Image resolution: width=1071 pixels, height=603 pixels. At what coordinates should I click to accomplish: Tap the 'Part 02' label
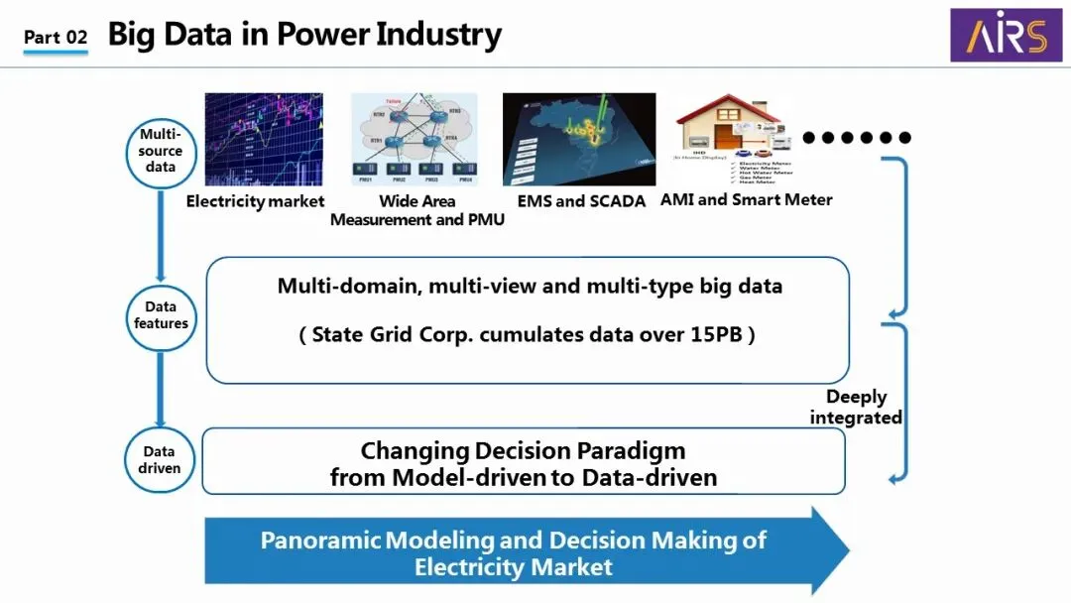pyautogui.click(x=56, y=38)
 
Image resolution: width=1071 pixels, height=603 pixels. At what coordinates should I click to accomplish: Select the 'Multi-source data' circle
pyautogui.click(x=161, y=151)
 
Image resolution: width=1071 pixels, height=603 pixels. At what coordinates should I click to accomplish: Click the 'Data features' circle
pyautogui.click(x=161, y=315)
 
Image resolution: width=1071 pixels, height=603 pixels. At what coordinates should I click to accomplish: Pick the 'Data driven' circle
pyautogui.click(x=161, y=459)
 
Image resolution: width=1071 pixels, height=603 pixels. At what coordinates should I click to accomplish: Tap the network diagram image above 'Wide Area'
pyautogui.click(x=416, y=140)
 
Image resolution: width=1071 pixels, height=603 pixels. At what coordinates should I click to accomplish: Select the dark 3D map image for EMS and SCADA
pyautogui.click(x=579, y=140)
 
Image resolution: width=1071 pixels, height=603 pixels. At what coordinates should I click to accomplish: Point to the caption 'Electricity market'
pyautogui.click(x=255, y=201)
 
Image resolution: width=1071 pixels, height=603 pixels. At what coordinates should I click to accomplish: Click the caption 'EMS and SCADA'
pyautogui.click(x=581, y=201)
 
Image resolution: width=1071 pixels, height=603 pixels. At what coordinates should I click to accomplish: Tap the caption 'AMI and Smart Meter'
pyautogui.click(x=747, y=199)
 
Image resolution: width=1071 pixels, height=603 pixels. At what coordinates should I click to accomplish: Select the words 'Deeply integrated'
pyautogui.click(x=856, y=407)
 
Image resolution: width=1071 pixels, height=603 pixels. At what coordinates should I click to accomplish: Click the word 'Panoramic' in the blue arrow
pyautogui.click(x=320, y=541)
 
